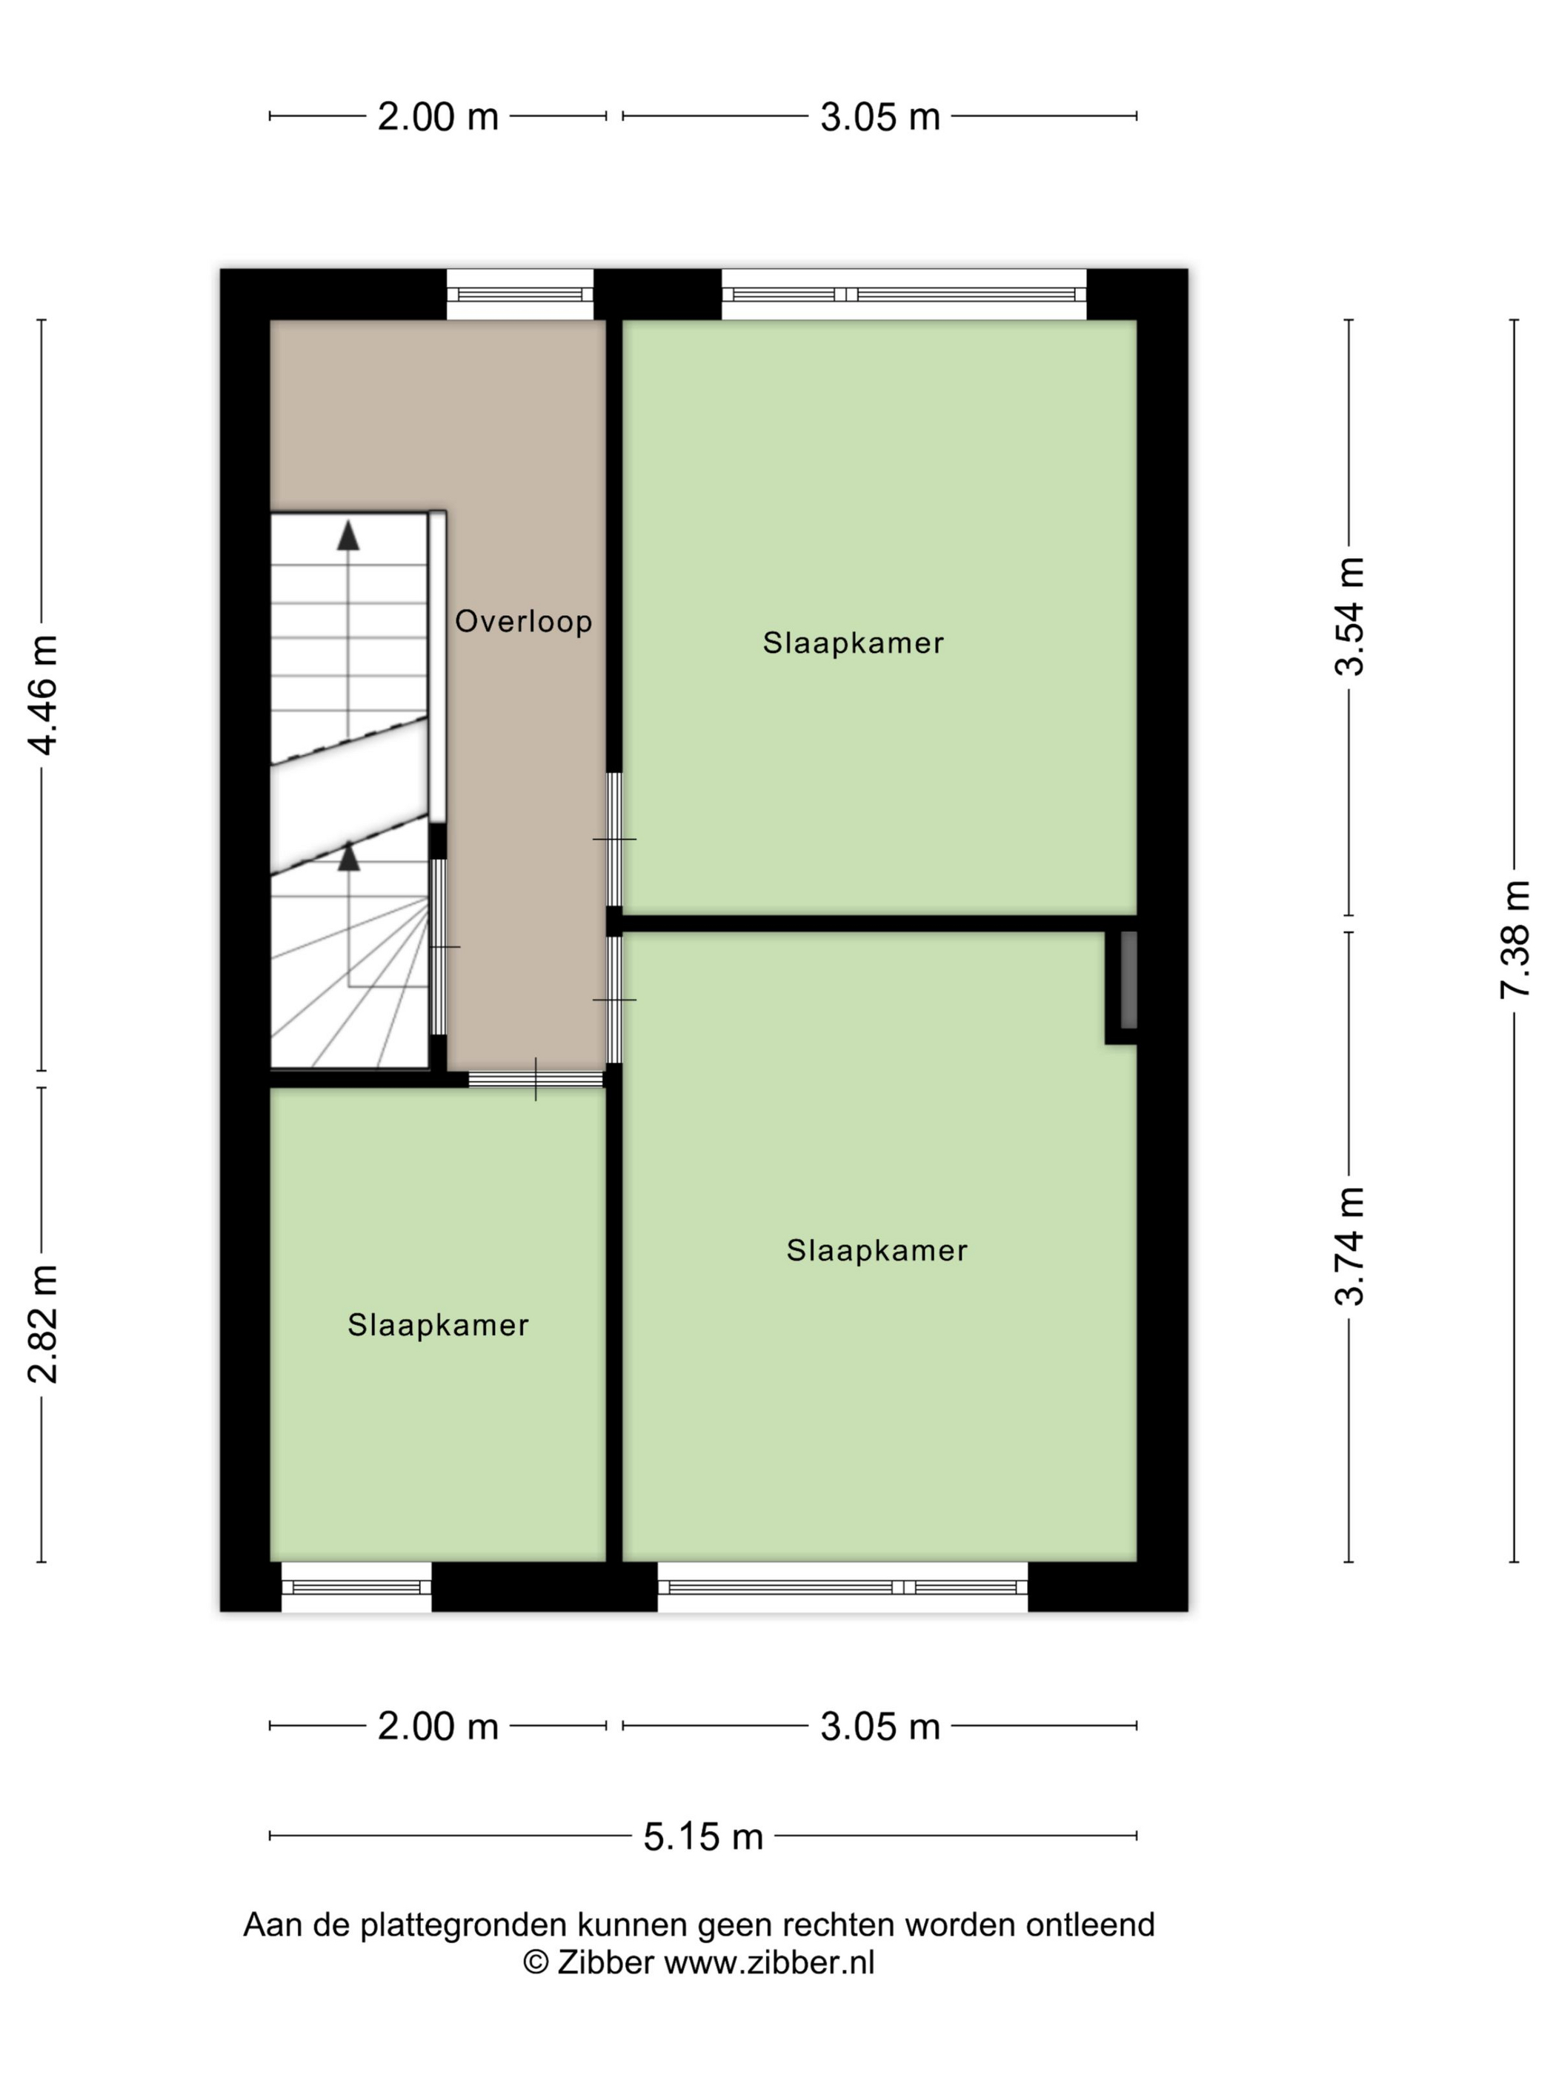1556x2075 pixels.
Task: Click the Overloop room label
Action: (x=523, y=621)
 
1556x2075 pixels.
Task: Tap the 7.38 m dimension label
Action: (x=1515, y=939)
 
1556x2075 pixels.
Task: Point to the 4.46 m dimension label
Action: (x=43, y=694)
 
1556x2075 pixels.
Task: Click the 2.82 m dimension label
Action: (x=43, y=1324)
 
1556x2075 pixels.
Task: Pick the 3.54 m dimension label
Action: (x=1351, y=617)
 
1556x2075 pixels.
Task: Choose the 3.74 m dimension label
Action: (x=1351, y=1246)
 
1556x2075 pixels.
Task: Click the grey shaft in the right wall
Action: (x=1129, y=980)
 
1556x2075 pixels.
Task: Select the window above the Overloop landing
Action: (x=519, y=293)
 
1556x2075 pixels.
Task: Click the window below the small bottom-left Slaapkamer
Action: (x=356, y=1587)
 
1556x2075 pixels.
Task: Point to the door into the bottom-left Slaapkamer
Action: (x=536, y=1079)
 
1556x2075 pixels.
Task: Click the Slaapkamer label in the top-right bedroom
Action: (x=853, y=643)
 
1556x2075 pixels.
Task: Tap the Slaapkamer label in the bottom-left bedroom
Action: (x=438, y=1324)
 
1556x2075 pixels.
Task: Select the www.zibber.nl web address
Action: (x=769, y=1962)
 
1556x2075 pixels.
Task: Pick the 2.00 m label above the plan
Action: (x=438, y=117)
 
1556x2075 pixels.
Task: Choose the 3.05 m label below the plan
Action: (x=880, y=1726)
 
